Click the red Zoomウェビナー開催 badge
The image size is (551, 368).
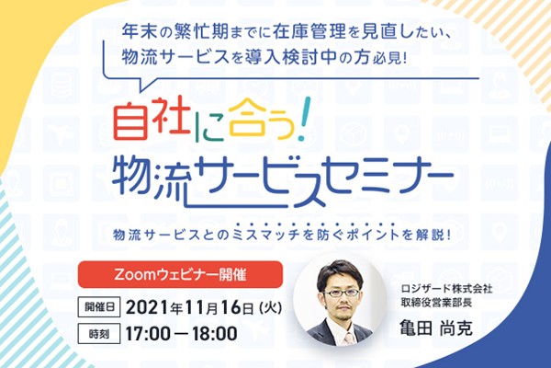(x=180, y=274)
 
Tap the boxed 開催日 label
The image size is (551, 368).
(x=99, y=307)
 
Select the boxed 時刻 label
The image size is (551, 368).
(x=99, y=333)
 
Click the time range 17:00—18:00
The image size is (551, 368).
(x=181, y=333)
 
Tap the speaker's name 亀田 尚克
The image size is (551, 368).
(x=436, y=328)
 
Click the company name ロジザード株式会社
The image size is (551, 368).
(x=446, y=289)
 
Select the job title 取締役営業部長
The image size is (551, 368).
(x=436, y=303)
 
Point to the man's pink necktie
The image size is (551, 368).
(x=350, y=338)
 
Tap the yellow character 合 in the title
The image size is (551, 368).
(x=247, y=117)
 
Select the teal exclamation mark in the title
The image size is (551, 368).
(x=304, y=119)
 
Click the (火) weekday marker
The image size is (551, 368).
(x=271, y=308)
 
